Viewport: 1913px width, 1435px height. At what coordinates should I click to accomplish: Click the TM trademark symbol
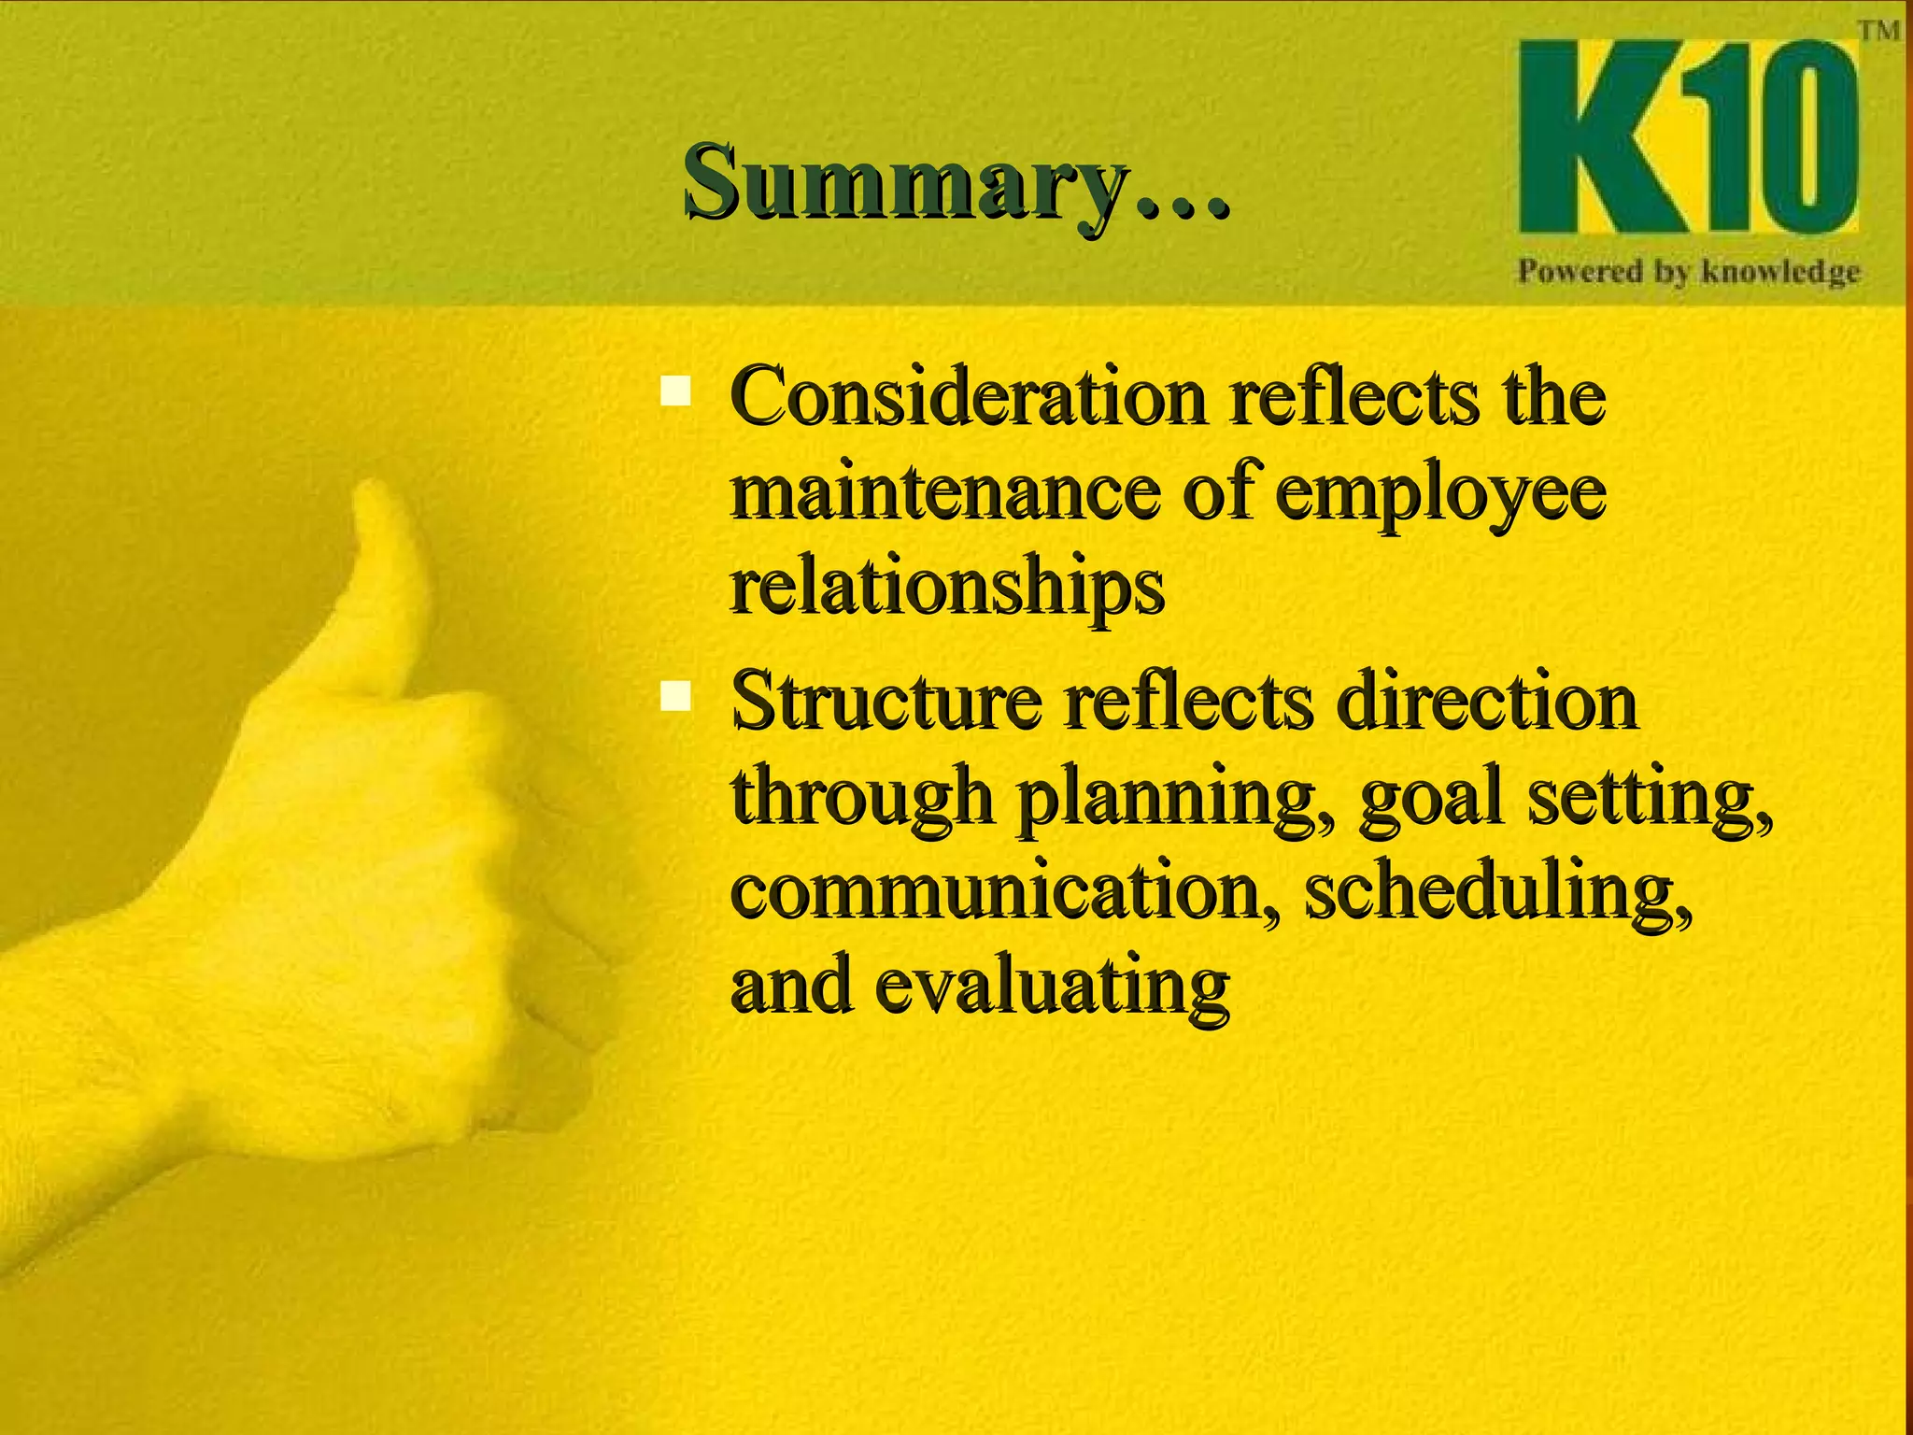pyautogui.click(x=1878, y=31)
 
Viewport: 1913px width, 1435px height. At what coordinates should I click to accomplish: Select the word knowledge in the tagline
pyautogui.click(x=1780, y=272)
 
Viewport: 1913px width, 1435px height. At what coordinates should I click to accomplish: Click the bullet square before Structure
pyautogui.click(x=674, y=696)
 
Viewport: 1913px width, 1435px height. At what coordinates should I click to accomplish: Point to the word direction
pyautogui.click(x=1486, y=703)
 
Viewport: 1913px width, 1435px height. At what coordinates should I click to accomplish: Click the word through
pyautogui.click(x=860, y=799)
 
